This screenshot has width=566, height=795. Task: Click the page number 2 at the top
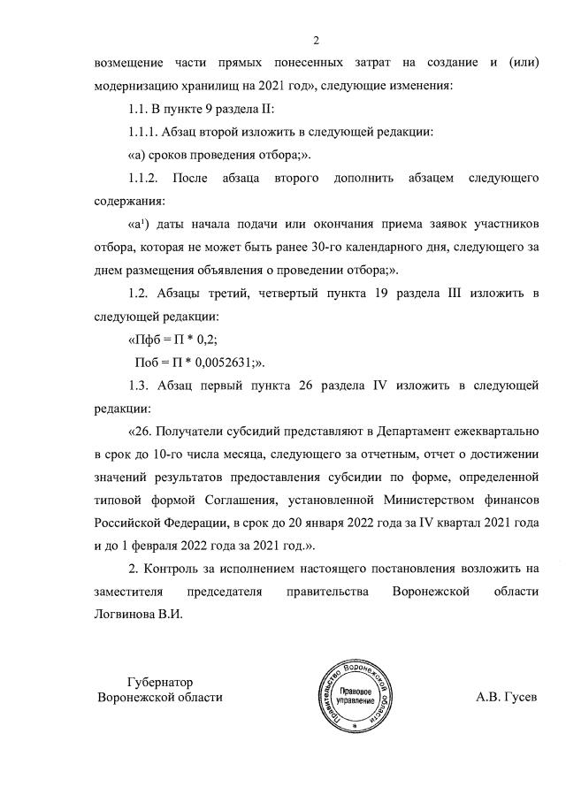(x=315, y=39)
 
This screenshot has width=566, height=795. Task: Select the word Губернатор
(x=160, y=681)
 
